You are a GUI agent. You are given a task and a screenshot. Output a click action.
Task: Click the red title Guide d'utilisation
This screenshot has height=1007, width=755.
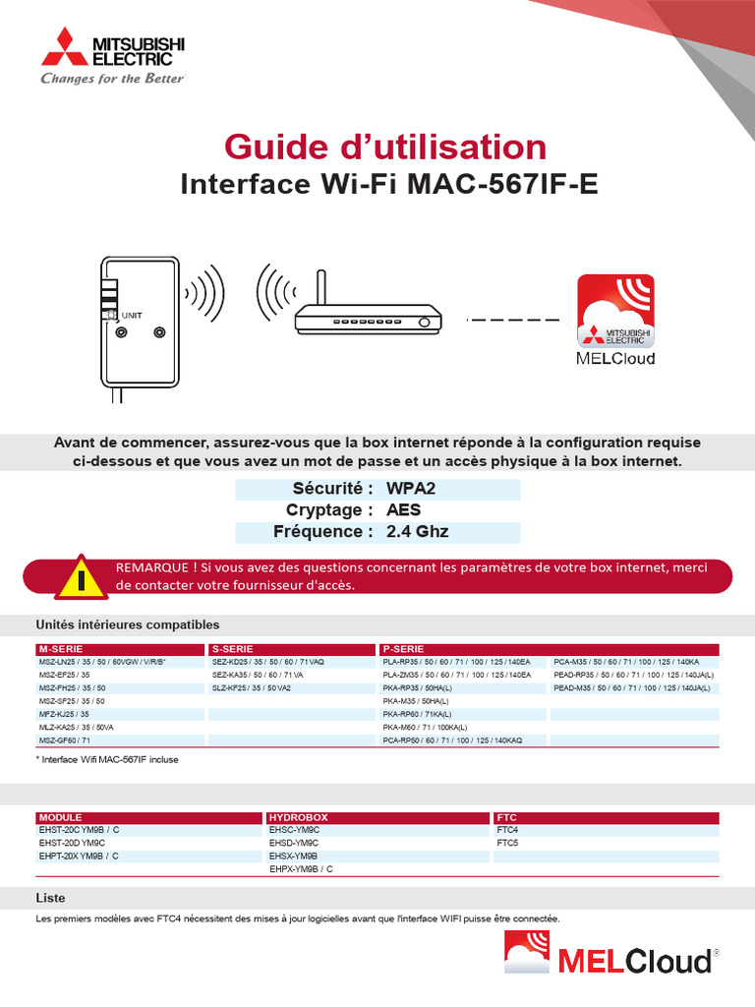(385, 148)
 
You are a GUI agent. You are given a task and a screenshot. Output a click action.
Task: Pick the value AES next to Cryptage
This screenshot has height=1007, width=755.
(403, 510)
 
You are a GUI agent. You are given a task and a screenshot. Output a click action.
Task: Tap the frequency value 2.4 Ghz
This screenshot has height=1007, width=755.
(418, 532)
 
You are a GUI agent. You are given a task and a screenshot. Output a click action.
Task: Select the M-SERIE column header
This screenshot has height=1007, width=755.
(62, 649)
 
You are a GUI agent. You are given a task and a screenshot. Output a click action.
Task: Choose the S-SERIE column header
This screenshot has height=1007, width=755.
(234, 649)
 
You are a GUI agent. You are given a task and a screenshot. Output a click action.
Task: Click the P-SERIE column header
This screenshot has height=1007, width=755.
(404, 649)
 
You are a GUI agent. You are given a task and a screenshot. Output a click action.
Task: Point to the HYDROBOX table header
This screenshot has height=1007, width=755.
(299, 817)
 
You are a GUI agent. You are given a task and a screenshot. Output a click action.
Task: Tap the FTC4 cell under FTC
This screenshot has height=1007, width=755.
(508, 830)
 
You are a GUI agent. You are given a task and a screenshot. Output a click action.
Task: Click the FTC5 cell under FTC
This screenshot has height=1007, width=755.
(508, 843)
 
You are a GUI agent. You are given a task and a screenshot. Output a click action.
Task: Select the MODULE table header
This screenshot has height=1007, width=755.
(61, 817)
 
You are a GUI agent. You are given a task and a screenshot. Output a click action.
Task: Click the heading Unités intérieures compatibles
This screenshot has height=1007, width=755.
(128, 624)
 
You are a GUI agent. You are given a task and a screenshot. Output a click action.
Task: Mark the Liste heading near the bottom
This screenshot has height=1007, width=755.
(51, 898)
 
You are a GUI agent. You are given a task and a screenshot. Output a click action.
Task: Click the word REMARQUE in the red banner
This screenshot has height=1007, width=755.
(152, 567)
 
